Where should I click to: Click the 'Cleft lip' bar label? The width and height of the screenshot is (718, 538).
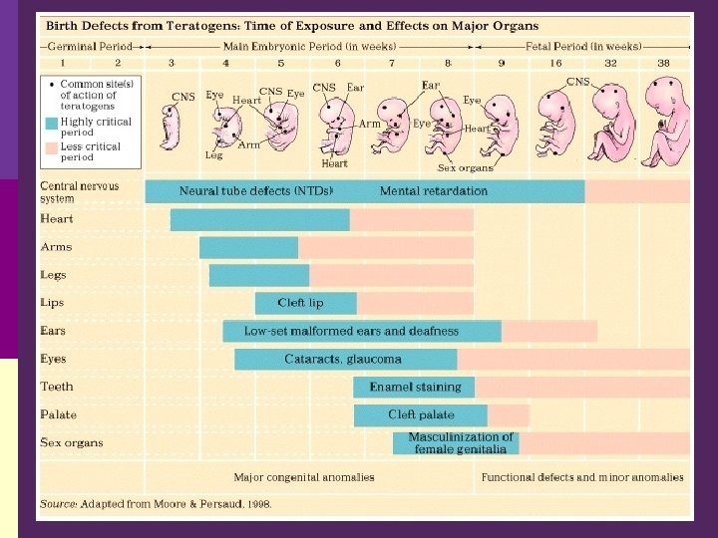300,303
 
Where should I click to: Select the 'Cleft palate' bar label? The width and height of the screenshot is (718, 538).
421,414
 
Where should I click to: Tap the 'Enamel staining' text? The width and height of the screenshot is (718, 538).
416,387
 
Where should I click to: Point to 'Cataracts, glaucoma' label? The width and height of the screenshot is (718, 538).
343,359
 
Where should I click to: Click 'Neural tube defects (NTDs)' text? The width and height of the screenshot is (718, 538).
256,190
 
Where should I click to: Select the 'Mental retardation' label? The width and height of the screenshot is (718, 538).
434,190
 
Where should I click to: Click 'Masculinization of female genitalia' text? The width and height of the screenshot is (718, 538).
461,443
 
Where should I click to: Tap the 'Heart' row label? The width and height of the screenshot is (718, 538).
56,219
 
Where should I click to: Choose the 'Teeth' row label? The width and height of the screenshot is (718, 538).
56,387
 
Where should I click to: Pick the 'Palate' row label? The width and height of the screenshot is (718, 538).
58,414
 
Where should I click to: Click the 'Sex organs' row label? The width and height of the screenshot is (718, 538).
71,442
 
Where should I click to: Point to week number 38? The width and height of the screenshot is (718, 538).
663,63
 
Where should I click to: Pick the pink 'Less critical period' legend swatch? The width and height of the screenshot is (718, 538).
51,148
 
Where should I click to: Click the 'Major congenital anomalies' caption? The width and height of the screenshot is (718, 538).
304,477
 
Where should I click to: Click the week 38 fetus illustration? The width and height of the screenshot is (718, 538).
664,125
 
